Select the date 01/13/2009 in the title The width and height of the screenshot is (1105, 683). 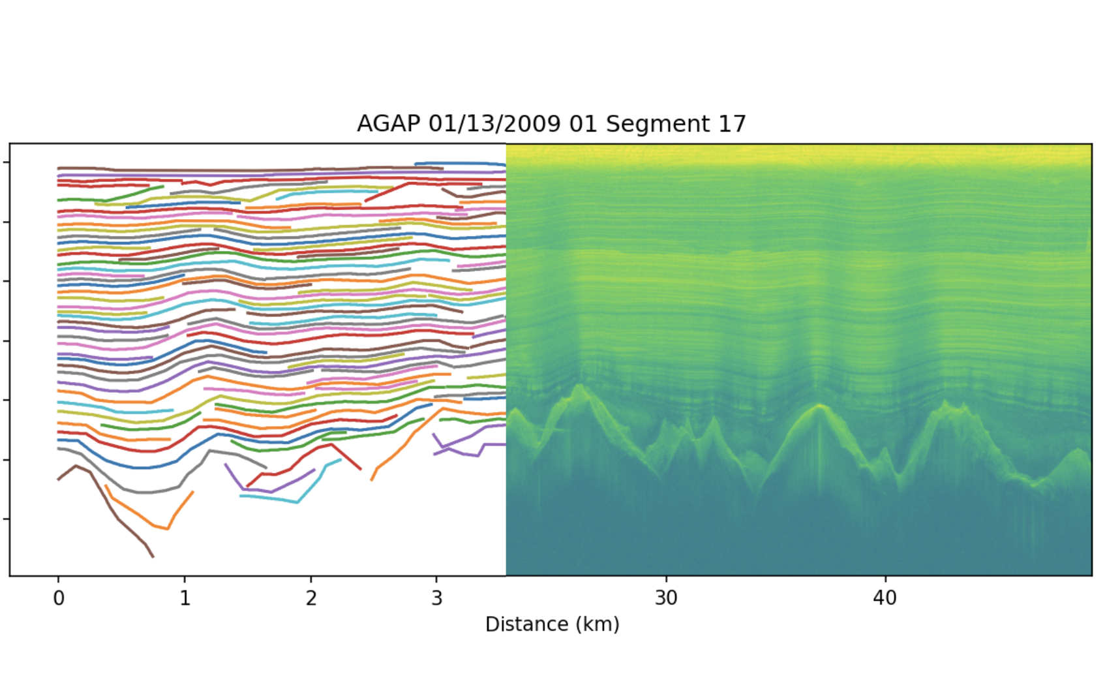[495, 124]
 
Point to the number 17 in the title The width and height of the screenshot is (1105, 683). [732, 124]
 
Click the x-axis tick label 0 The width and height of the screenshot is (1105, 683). [59, 598]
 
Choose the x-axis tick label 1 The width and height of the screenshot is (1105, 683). [185, 598]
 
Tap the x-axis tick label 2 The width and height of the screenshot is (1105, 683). [310, 598]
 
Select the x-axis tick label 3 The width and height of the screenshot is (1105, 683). [436, 598]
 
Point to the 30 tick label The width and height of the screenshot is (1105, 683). [666, 598]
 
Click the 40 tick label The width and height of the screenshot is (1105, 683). [885, 598]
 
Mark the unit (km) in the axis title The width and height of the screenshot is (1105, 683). [596, 624]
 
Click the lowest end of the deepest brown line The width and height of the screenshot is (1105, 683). [153, 556]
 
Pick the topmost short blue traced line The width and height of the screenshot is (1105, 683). [460, 164]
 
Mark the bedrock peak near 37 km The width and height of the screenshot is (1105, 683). [819, 406]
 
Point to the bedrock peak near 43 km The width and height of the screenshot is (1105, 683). [945, 403]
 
